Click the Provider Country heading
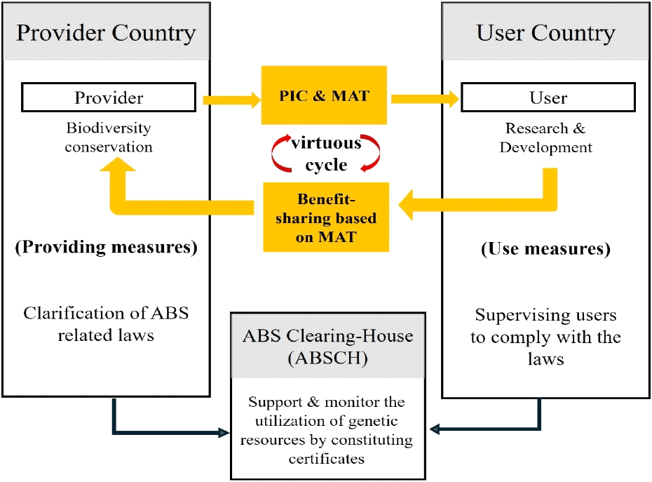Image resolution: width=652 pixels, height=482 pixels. click(106, 33)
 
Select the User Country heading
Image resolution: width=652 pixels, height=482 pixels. click(545, 33)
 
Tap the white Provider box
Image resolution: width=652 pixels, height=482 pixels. click(108, 98)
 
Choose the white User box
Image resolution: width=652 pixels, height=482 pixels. click(547, 98)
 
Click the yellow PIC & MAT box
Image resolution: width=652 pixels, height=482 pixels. click(324, 95)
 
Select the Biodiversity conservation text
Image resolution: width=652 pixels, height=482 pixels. click(109, 138)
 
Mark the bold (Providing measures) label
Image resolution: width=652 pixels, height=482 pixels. click(107, 247)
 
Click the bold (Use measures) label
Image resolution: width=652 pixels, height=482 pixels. click(545, 249)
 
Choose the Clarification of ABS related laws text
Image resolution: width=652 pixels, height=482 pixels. click(106, 324)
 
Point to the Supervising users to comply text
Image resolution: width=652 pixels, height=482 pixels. click(545, 337)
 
